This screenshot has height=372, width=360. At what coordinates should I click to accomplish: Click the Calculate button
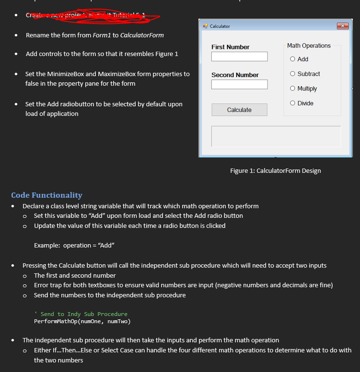pyautogui.click(x=239, y=110)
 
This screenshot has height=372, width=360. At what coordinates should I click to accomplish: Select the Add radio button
pyautogui.click(x=292, y=59)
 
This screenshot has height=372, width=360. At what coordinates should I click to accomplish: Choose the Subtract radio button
pyautogui.click(x=292, y=74)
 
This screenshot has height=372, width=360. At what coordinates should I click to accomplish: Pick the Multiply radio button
pyautogui.click(x=292, y=89)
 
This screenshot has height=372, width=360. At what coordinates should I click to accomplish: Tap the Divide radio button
pyautogui.click(x=292, y=103)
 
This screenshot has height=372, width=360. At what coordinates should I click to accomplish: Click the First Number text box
pyautogui.click(x=239, y=56)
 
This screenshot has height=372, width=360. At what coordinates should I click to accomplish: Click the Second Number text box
pyautogui.click(x=239, y=84)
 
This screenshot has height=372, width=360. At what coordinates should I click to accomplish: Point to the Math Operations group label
pyautogui.click(x=309, y=46)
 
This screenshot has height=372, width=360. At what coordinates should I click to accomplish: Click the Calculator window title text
pyautogui.click(x=220, y=26)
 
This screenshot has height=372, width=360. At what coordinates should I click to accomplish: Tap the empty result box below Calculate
pyautogui.click(x=276, y=136)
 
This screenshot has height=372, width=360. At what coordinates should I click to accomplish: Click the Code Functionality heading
pyautogui.click(x=46, y=195)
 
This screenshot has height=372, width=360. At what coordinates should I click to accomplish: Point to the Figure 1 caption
pyautogui.click(x=275, y=171)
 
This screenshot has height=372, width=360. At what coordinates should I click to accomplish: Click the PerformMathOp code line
pyautogui.click(x=82, y=321)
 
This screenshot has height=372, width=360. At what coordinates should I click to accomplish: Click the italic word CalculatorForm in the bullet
pyautogui.click(x=142, y=35)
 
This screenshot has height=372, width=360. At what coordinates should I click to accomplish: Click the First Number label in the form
pyautogui.click(x=230, y=47)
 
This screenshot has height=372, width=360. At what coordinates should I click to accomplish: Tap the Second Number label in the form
pyautogui.click(x=235, y=75)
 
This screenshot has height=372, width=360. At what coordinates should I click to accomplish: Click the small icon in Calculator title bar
pyautogui.click(x=205, y=26)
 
